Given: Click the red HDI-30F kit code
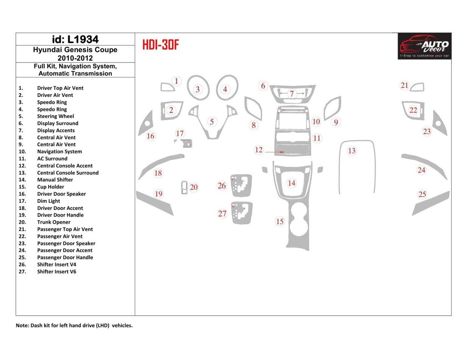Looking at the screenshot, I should pos(160,45).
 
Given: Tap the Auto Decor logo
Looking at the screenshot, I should pos(424,46).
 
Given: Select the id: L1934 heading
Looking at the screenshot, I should pos(75,39).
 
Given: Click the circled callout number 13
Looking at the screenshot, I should pos(352,151).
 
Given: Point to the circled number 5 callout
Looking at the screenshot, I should pos(212,122).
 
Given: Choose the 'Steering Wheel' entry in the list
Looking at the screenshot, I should pos(55,116).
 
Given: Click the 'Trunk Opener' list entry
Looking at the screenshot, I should pos(53,222).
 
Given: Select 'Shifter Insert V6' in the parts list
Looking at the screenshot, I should pos(56,272).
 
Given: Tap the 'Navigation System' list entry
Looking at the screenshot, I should pos(59,152).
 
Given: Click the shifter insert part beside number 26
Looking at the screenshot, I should pos(241,185).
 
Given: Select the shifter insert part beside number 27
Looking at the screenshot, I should pos(242,213).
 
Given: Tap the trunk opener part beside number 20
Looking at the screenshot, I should pos(184,187).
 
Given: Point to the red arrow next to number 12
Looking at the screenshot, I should pos(275,152).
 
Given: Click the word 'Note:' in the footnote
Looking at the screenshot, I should pos(22,326).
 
